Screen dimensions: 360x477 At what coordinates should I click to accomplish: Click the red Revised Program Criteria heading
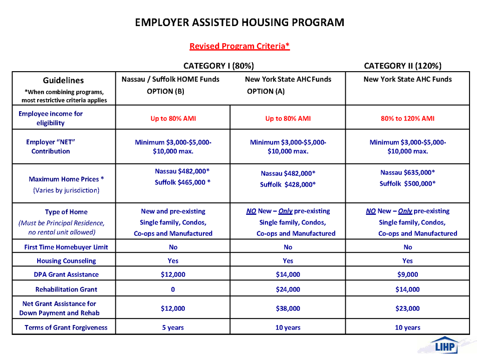pos(239,46)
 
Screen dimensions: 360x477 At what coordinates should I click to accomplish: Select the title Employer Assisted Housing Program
pos(239,22)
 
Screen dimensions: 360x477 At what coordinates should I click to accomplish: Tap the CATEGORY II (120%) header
pos(403,66)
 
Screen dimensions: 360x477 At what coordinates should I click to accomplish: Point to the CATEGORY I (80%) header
pos(219,66)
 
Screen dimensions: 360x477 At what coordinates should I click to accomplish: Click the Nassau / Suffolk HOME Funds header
pos(170,79)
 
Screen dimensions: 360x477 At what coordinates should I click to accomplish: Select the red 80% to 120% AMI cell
pos(407,119)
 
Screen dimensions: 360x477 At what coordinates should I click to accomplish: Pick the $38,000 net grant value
pos(288,308)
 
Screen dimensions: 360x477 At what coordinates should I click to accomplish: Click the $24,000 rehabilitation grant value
pos(288,289)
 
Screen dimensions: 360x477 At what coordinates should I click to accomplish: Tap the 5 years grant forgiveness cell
pos(173,327)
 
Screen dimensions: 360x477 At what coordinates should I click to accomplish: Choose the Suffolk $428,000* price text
pos(288,185)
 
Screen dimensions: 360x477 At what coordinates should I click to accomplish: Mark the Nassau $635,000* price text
pos(407,173)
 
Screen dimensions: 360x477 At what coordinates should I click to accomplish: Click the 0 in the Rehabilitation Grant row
pos(173,289)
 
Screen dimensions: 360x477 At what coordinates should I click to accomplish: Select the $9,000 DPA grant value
pos(407,274)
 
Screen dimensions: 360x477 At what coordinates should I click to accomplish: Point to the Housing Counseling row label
pos(66,261)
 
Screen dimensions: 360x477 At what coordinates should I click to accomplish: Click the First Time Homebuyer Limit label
pos(66,247)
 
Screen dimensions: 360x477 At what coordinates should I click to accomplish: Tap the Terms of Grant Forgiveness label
pos(66,327)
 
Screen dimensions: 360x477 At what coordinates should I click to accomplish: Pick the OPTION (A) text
pos(266,91)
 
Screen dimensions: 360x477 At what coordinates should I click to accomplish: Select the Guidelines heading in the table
pos(63,80)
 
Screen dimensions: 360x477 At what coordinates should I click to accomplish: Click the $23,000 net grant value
pos(407,308)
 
